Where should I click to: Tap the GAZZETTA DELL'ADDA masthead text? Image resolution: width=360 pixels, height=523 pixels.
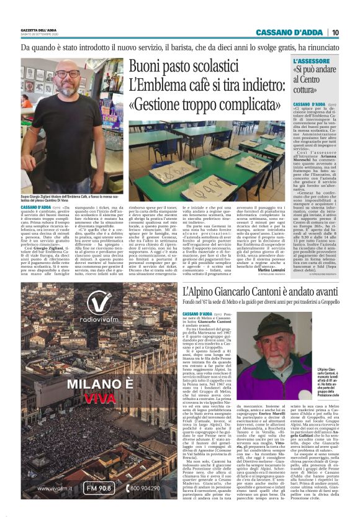pyautogui.click(x=41, y=30)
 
